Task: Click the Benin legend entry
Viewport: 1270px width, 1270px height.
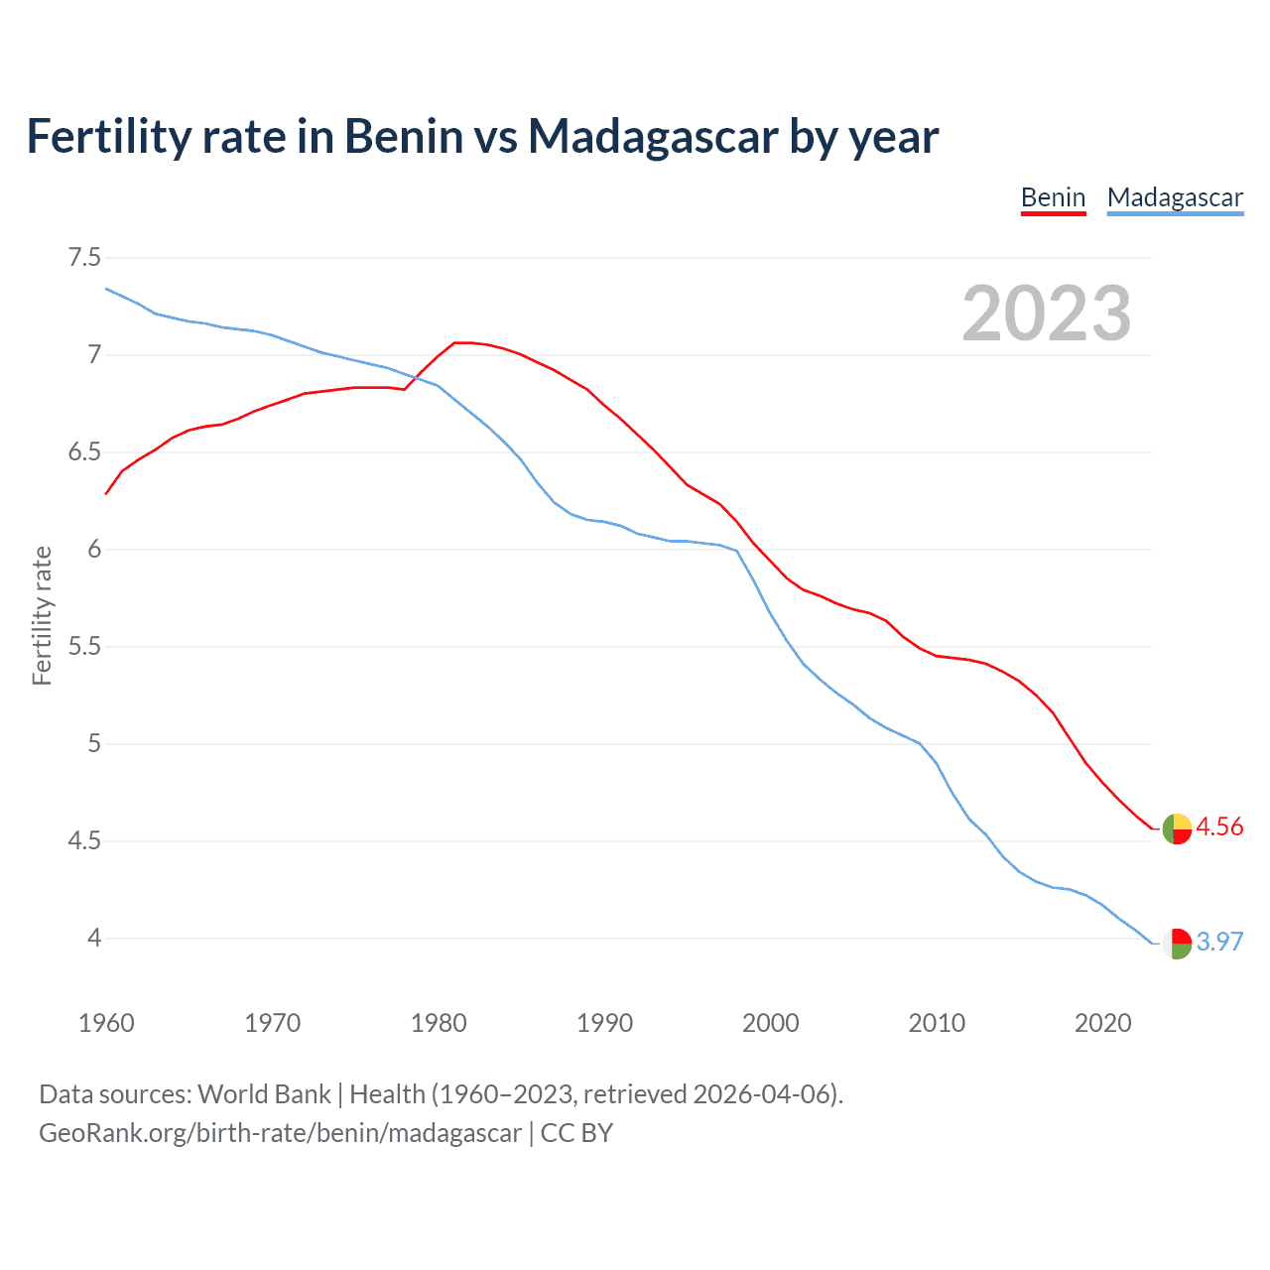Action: click(1053, 197)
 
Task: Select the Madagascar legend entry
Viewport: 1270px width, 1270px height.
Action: click(1175, 197)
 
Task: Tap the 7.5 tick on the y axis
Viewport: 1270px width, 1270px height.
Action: click(84, 258)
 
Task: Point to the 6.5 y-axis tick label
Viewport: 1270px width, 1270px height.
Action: click(84, 452)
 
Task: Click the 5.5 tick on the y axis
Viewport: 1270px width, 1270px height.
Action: click(84, 647)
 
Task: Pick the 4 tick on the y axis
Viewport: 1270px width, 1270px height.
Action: click(94, 939)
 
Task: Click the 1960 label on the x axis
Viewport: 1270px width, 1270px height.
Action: click(106, 1023)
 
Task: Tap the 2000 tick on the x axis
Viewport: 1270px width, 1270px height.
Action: click(771, 1023)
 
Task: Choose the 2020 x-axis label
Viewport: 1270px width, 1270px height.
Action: click(1102, 1023)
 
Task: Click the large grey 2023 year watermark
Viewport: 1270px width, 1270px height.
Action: click(1047, 314)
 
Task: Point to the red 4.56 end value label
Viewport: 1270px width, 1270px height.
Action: click(1219, 827)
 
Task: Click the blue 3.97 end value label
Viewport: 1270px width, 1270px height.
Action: click(1219, 942)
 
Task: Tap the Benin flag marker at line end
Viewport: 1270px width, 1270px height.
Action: click(1177, 828)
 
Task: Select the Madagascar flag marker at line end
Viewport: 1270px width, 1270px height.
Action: click(1177, 943)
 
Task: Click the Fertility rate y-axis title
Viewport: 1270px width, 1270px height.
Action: click(42, 615)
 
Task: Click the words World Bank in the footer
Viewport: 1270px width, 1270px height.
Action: click(264, 1094)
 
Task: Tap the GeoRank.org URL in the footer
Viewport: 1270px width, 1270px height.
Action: click(280, 1133)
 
